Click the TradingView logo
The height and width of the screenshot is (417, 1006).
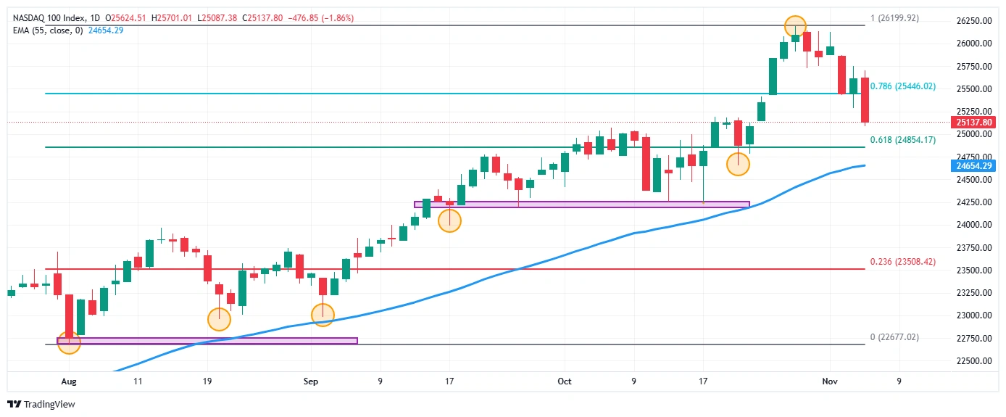click(x=41, y=404)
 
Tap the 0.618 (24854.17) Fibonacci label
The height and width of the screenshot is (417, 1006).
click(x=903, y=140)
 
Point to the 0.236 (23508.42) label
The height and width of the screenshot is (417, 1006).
click(x=903, y=262)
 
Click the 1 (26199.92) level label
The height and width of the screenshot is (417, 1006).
click(x=894, y=18)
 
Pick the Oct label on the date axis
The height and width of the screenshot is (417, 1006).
click(x=565, y=380)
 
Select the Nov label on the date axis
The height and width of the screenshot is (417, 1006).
click(x=829, y=380)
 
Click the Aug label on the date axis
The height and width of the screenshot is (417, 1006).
click(x=68, y=380)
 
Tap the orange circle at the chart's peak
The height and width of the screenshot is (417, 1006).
click(x=795, y=26)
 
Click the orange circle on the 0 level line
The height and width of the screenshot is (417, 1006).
click(x=69, y=342)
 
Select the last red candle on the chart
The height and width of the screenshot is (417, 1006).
click(x=865, y=99)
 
